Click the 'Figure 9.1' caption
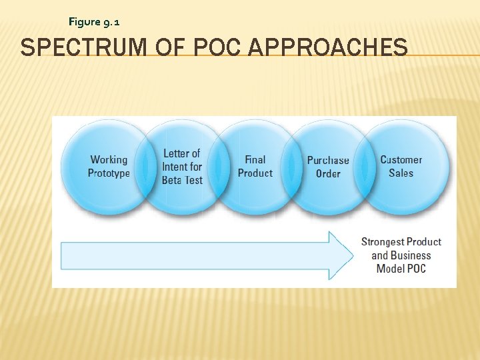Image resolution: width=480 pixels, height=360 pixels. tap(94, 22)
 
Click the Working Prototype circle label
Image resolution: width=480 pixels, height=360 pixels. tap(109, 166)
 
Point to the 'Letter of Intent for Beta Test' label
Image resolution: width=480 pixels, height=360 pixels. tap(181, 167)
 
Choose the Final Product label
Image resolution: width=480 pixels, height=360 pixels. tap(255, 166)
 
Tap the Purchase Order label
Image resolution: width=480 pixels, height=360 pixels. tap(328, 167)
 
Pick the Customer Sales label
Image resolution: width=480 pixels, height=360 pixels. tap(401, 166)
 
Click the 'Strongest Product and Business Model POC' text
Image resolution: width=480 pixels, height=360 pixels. tap(401, 255)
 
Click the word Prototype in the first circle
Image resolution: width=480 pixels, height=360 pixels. tap(109, 173)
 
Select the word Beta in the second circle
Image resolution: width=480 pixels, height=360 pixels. tap(172, 181)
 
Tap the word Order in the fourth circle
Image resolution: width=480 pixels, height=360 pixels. tap(328, 174)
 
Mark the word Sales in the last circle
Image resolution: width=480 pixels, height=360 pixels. tap(401, 173)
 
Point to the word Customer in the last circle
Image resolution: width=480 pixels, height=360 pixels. tap(401, 159)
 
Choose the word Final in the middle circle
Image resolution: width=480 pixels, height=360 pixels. tap(255, 159)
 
